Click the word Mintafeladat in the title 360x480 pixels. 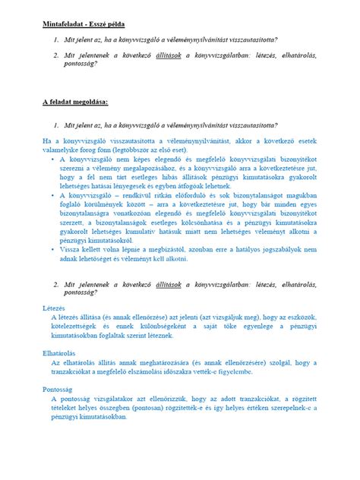pos(64,25)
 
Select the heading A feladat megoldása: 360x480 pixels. pos(75,100)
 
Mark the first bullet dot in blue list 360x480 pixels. pos(52,160)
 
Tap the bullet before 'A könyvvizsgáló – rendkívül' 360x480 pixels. pos(52,195)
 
